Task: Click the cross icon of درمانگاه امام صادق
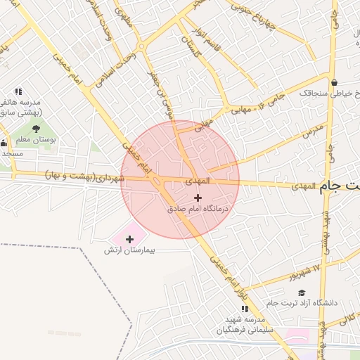198,198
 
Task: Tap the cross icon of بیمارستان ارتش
129,240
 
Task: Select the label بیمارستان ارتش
139,250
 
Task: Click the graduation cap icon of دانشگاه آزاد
302,292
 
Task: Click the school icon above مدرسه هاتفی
18,91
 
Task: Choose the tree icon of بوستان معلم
36,128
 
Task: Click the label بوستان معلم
39,140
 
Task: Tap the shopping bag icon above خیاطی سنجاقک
334,82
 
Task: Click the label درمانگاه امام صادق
198,210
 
